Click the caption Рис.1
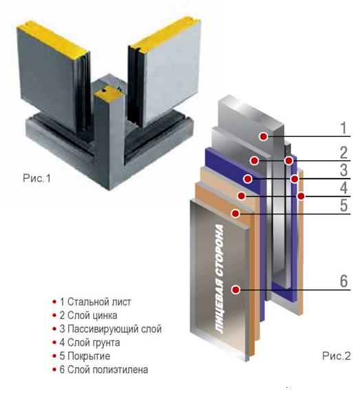(36, 178)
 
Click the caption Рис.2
(337, 356)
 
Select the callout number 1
(343, 128)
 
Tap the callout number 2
(343, 153)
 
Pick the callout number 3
(343, 170)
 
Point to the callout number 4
(343, 188)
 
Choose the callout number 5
(343, 205)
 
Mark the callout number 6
(343, 280)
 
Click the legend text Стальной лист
(99, 302)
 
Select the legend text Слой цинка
(92, 316)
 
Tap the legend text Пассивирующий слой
(114, 329)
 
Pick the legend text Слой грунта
(94, 342)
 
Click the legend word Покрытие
(89, 356)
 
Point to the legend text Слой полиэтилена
(107, 370)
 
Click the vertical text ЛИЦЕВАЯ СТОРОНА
(219, 280)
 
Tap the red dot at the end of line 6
(236, 289)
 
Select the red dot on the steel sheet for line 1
(264, 136)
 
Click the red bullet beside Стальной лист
(54, 302)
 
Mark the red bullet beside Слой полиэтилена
(54, 369)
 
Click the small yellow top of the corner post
(105, 91)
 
